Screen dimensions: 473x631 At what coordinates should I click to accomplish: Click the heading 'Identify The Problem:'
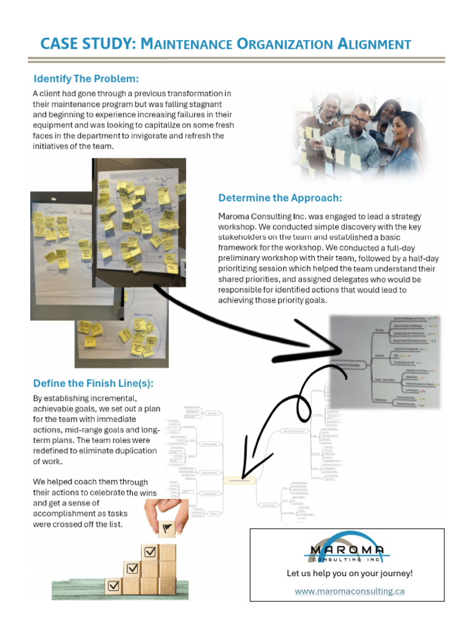pos(86,79)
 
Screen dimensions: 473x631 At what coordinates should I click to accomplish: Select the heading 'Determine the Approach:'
pos(280,198)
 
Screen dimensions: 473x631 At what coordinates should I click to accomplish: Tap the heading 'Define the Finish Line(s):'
pos(93,383)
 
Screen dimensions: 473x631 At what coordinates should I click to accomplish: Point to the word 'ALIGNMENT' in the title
pos(374,44)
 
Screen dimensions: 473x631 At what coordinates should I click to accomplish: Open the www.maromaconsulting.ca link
pos(349,591)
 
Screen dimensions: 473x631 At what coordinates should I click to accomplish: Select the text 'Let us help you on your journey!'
pos(349,573)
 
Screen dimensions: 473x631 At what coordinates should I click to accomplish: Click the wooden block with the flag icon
pos(166,528)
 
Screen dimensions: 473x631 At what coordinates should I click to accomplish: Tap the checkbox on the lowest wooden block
pos(113,586)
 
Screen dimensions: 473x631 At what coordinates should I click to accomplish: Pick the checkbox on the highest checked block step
pos(150,552)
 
